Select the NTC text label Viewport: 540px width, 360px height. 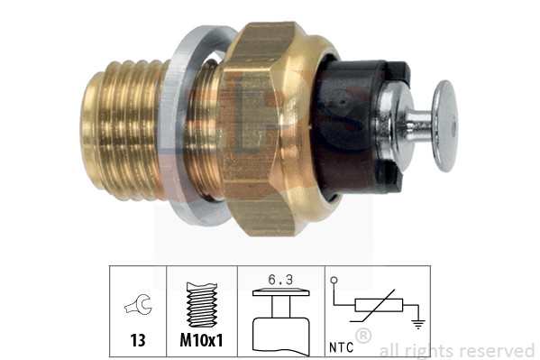click(340, 344)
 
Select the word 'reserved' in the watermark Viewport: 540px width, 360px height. click(496, 350)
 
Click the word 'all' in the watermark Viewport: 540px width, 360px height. click(389, 350)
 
